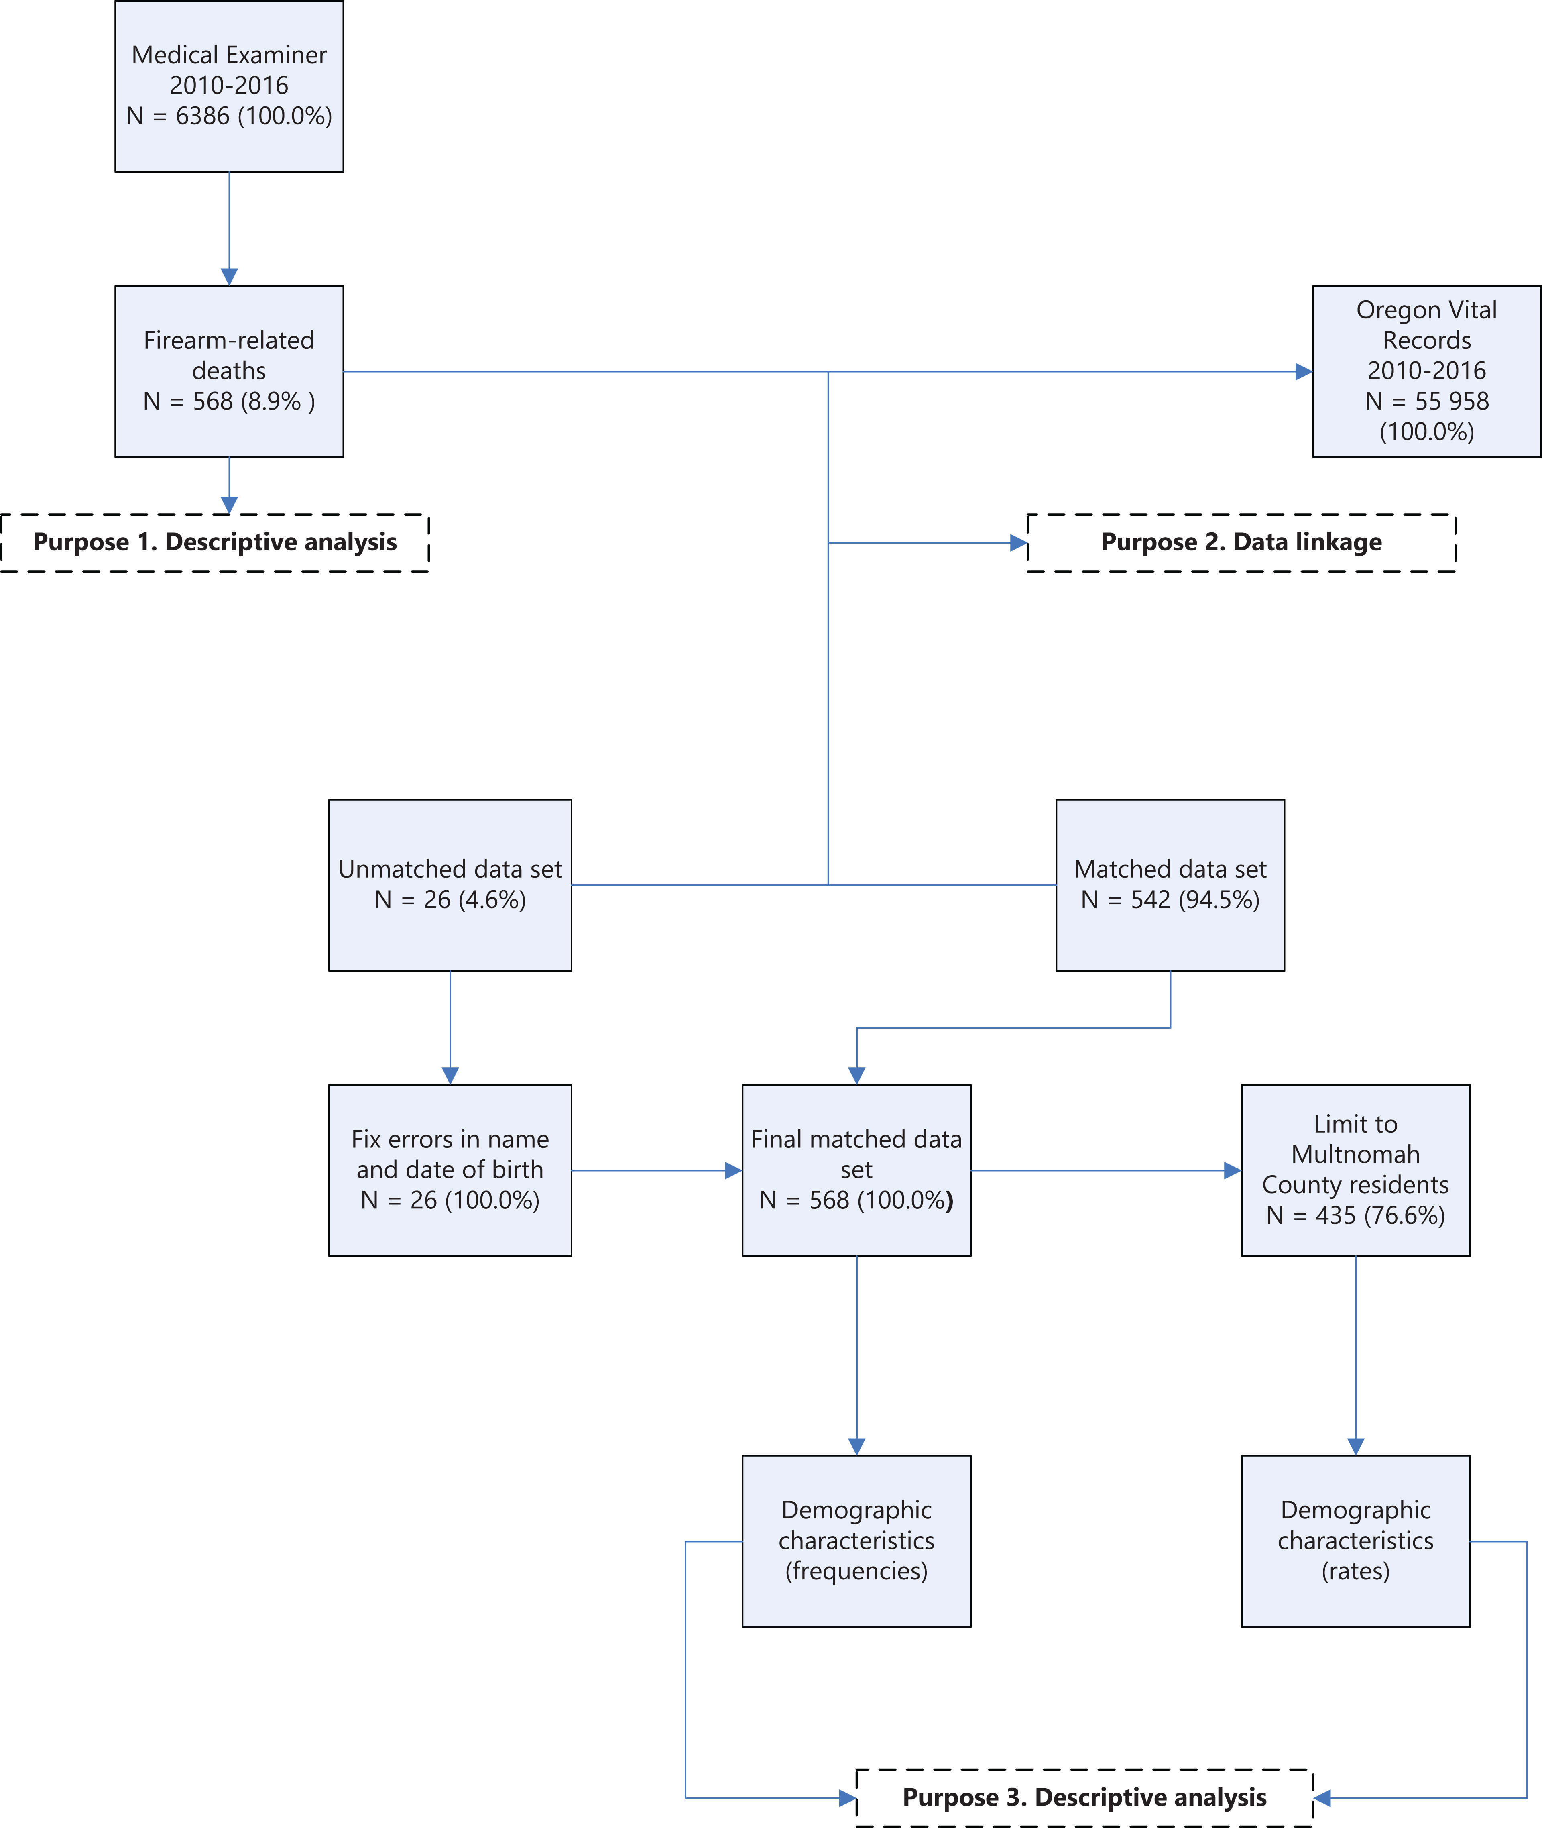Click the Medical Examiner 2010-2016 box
[x=229, y=86]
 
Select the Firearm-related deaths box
[x=229, y=371]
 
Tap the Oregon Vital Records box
[x=1427, y=371]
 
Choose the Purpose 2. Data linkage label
[x=1241, y=542]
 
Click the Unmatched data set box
[x=450, y=885]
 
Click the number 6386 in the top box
[x=203, y=115]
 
